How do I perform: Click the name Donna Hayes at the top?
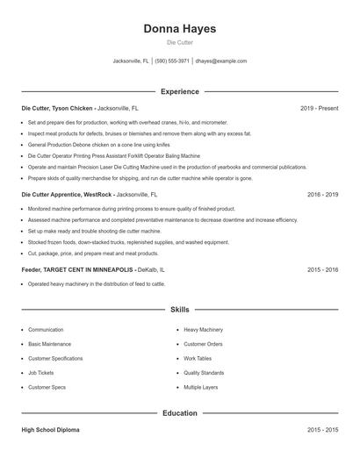(179, 29)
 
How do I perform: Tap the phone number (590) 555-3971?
(172, 61)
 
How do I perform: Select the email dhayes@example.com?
(220, 61)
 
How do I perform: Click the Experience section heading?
(179, 91)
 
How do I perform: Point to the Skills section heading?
(179, 310)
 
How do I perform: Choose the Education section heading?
(179, 412)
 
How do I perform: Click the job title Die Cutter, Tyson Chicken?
(57, 108)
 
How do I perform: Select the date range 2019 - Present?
(319, 108)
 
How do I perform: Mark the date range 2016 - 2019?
(322, 194)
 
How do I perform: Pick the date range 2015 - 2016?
(322, 269)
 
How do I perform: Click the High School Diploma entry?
(50, 430)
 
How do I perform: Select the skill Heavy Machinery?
(203, 330)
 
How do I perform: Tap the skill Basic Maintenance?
(50, 344)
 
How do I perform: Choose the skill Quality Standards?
(204, 373)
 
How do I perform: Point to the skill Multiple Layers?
(202, 387)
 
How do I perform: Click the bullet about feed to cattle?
(97, 284)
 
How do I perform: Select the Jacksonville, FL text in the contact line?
(131, 61)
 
